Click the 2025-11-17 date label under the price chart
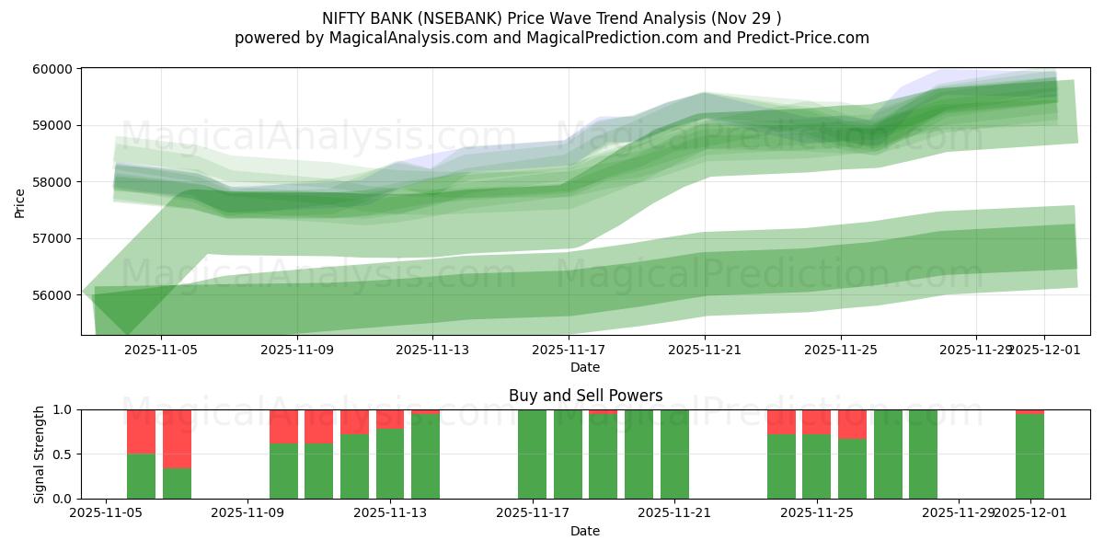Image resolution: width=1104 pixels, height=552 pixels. (x=569, y=350)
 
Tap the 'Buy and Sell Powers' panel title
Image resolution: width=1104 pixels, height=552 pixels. (x=585, y=396)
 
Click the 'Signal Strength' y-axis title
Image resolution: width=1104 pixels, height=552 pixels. (x=39, y=454)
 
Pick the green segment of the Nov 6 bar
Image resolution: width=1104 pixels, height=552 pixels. (x=141, y=476)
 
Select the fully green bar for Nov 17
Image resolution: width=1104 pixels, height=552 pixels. (x=533, y=454)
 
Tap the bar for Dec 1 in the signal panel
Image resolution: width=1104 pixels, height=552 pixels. (x=1029, y=456)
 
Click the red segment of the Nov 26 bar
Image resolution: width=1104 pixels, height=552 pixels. (x=852, y=424)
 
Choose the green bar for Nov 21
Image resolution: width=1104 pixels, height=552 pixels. (x=674, y=454)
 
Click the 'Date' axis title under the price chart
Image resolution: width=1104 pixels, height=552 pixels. (x=585, y=367)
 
